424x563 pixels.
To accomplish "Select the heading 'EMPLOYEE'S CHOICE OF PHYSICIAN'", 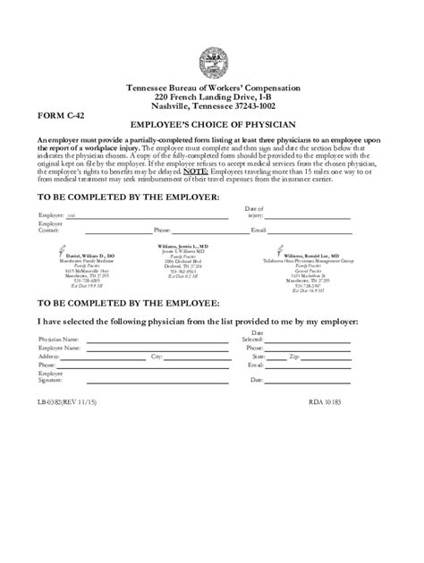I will click(x=212, y=128).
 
